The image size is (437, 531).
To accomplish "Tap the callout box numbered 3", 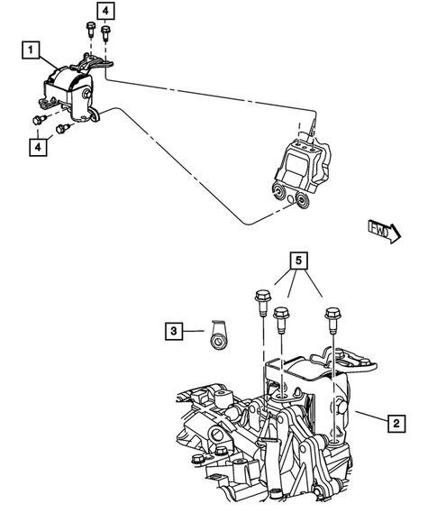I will point(173,331).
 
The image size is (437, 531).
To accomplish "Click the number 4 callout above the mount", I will point(105,11).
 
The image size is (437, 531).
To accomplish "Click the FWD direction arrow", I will point(385,232).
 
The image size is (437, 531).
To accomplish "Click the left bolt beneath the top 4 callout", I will point(90,28).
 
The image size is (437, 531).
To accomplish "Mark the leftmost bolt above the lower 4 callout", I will point(41,119).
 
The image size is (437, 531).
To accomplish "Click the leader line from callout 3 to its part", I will point(193,331).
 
